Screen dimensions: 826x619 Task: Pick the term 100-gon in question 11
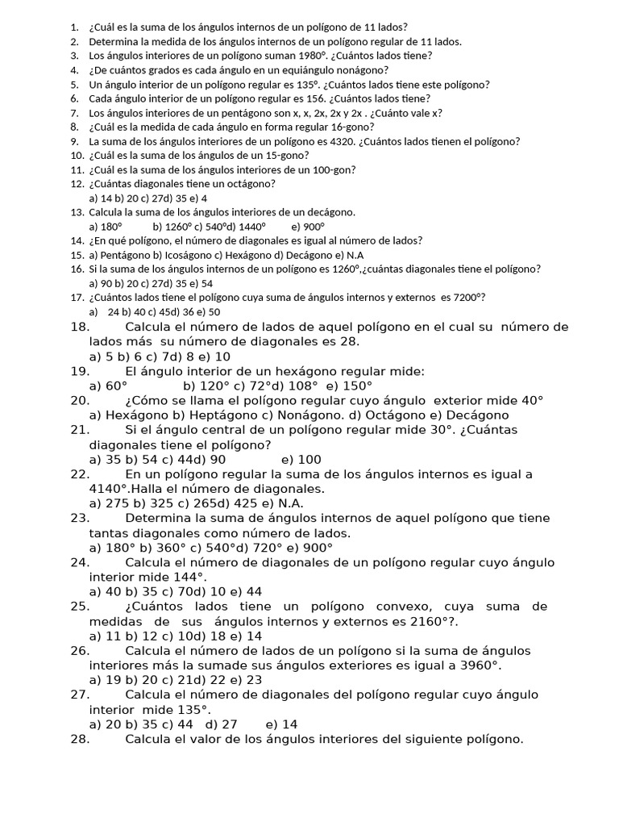(x=337, y=169)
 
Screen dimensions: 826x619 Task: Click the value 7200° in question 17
(x=467, y=298)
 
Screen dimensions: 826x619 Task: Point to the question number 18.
(x=80, y=327)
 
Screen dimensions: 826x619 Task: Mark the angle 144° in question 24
(x=190, y=577)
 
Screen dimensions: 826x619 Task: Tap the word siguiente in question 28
(x=423, y=738)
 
